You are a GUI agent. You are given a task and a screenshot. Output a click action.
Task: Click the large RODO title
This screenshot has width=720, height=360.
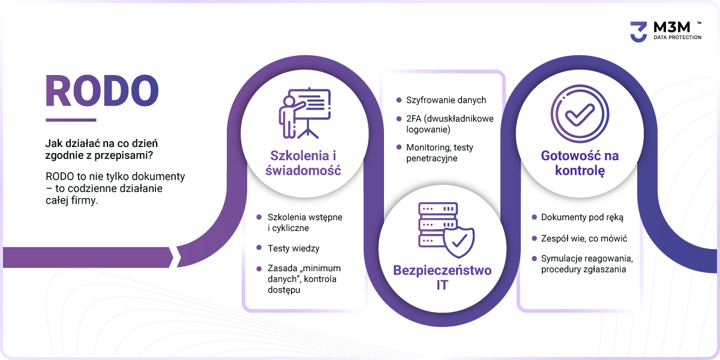point(102,91)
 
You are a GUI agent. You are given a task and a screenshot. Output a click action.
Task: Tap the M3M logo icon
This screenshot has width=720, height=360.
point(638,32)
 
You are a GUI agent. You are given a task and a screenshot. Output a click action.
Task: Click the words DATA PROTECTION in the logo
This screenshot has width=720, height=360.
point(677,37)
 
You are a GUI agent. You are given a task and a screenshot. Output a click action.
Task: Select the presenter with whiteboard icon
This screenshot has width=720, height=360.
point(305,113)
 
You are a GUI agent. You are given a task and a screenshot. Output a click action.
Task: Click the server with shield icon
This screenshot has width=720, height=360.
point(446,230)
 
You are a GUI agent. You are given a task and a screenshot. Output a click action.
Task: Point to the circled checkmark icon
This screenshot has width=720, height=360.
point(580,114)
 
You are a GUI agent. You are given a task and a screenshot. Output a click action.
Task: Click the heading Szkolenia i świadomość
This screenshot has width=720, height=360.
point(303,163)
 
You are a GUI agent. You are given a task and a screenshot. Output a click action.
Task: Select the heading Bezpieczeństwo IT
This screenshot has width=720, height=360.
point(442,277)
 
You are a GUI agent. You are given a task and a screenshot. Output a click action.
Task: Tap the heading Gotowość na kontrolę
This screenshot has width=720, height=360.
point(580,163)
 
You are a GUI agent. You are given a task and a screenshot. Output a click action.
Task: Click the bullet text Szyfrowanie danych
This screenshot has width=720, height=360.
point(446,100)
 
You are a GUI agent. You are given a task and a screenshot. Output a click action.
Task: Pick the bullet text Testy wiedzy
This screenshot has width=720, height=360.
point(293,248)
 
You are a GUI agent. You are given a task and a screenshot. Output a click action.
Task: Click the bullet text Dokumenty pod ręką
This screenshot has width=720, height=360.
point(582,217)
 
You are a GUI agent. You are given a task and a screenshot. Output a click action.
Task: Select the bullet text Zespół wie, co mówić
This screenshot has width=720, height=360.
point(584,239)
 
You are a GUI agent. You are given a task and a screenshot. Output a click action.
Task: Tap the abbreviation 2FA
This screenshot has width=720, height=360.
point(413,119)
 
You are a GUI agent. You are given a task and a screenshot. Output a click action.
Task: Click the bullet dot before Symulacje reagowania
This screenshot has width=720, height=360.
point(534,258)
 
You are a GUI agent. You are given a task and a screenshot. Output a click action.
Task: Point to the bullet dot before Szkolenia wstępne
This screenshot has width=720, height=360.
point(259,217)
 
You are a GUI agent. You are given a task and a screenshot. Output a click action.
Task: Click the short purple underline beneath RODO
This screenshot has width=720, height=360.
point(71,120)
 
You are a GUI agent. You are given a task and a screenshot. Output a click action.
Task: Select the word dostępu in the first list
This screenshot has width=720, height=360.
point(284,290)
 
